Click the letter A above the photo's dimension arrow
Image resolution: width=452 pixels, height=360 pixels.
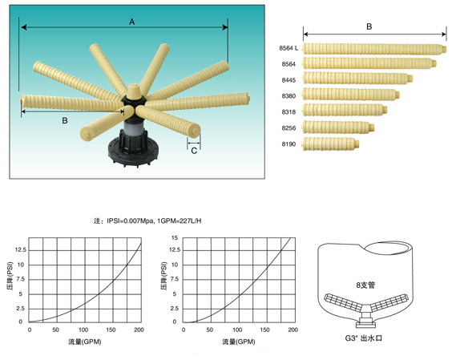pyautogui.click(x=131, y=22)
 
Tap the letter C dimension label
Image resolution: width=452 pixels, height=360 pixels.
pyautogui.click(x=194, y=151)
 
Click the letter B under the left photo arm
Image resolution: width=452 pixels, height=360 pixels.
pyautogui.click(x=65, y=120)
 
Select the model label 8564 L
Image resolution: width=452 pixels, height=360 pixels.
pyautogui.click(x=289, y=48)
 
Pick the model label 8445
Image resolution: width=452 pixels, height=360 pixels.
pyautogui.click(x=289, y=80)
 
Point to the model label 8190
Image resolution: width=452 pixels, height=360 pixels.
pyautogui.click(x=289, y=144)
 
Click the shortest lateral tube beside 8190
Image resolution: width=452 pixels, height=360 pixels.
pyautogui.click(x=330, y=144)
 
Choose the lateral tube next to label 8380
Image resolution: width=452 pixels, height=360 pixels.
pyautogui.click(x=350, y=95)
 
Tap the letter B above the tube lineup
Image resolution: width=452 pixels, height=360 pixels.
pyautogui.click(x=369, y=26)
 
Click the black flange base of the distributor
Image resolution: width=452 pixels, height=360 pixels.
pyautogui.click(x=133, y=152)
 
